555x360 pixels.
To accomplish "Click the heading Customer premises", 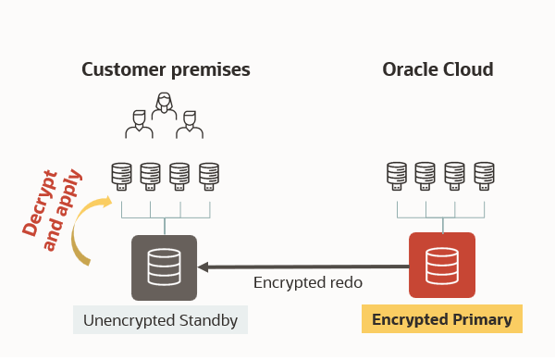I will [166, 69].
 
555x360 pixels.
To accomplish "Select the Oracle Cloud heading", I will [438, 69].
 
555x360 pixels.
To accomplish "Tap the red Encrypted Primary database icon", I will [441, 266].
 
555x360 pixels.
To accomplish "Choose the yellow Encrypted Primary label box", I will [441, 320].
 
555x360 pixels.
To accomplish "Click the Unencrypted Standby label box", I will [161, 321].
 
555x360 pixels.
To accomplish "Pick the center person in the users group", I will [165, 108].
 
